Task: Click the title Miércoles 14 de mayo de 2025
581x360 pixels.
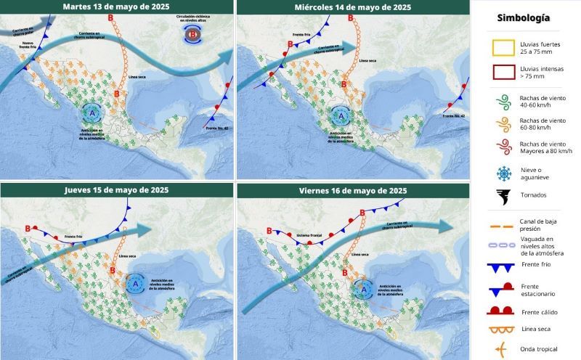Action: tap(352, 7)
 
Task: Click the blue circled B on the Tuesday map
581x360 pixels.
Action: tap(193, 34)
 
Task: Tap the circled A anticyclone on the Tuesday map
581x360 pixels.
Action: tap(92, 112)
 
